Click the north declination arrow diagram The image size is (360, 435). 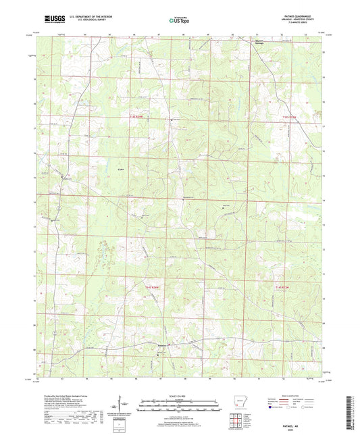(121, 404)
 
